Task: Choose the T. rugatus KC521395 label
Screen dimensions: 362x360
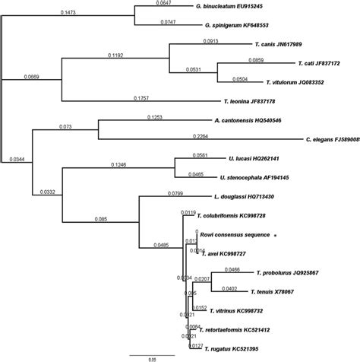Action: click(234, 348)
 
